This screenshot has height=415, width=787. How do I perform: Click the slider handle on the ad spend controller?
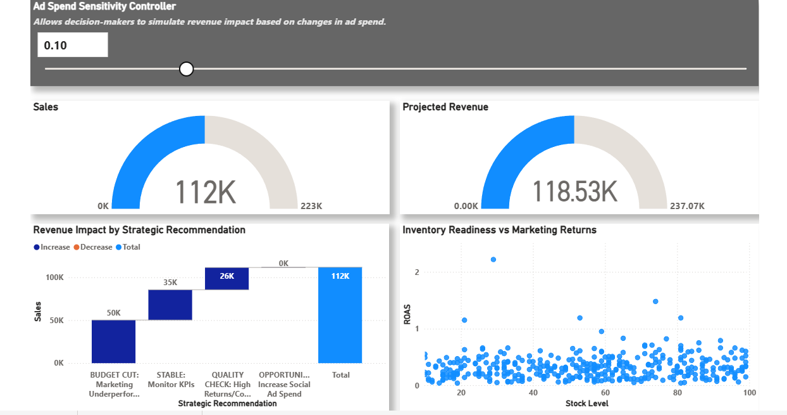point(186,68)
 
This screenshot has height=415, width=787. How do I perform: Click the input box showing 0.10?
point(72,45)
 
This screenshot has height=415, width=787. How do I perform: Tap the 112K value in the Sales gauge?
point(205,192)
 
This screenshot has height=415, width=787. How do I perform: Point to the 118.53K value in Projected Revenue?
point(574,192)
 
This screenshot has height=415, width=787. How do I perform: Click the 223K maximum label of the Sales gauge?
point(311,206)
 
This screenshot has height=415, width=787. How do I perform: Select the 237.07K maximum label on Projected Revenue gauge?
point(687,206)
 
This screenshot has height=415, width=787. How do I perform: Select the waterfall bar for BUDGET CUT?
point(113,341)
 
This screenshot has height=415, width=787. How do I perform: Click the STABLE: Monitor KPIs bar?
point(170,305)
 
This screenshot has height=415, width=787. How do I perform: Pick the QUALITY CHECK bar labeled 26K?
point(226,279)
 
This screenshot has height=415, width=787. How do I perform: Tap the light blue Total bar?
point(340,315)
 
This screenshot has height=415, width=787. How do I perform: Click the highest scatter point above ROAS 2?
point(493,259)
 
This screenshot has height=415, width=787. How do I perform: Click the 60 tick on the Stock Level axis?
point(605,393)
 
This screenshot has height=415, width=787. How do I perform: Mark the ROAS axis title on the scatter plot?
point(407,316)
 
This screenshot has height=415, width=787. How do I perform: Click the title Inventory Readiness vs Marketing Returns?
point(499,230)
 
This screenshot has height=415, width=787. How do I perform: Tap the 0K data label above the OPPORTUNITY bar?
point(283,263)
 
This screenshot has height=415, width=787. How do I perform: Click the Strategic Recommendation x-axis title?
point(227,404)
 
